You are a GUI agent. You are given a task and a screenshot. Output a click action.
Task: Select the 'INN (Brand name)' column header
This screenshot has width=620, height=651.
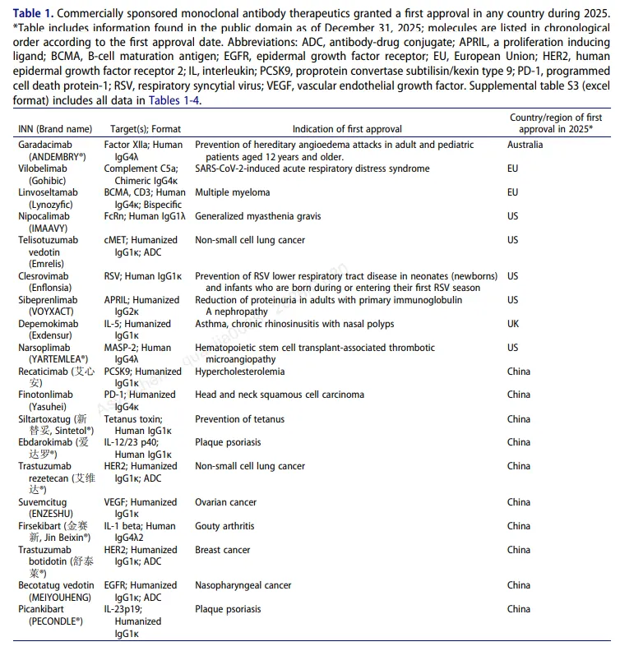(x=56, y=129)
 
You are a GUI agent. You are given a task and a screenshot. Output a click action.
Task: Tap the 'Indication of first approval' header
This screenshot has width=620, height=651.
(x=347, y=129)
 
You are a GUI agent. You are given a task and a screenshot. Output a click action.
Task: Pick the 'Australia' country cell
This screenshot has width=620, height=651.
(x=525, y=145)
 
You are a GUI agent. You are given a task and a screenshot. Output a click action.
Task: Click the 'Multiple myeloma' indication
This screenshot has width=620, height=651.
(x=233, y=192)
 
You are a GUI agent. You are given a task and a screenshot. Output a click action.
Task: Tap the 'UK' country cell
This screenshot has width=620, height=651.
(x=513, y=324)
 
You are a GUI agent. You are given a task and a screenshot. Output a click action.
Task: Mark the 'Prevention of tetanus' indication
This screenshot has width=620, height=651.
(x=240, y=419)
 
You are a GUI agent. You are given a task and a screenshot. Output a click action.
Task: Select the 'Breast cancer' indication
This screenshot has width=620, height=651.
(x=223, y=550)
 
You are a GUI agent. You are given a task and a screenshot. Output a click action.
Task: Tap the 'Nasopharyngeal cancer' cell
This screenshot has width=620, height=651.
(x=243, y=585)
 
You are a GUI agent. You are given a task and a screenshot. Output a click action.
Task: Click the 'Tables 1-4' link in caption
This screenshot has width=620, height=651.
(x=174, y=99)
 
